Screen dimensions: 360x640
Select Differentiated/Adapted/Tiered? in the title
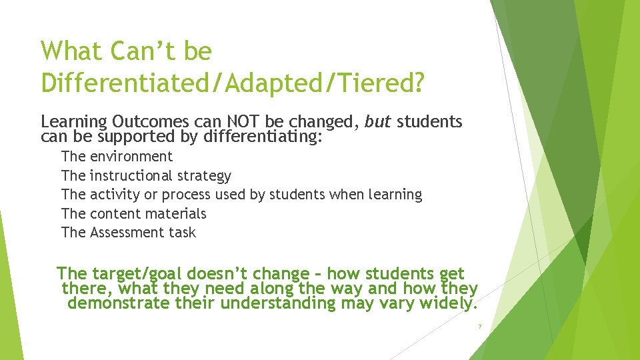point(232,83)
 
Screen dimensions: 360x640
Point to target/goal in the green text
point(137,274)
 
